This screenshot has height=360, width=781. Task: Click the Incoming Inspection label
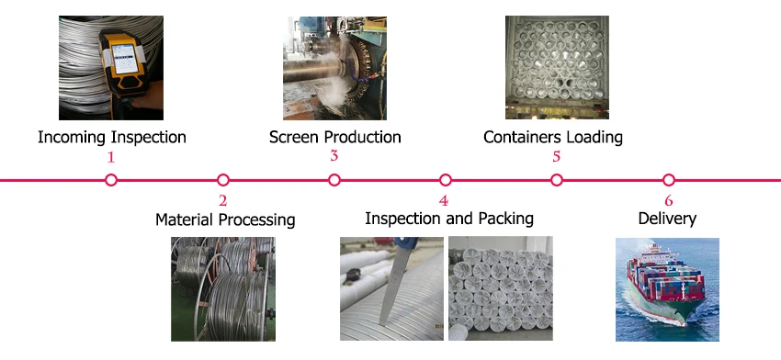click(x=111, y=137)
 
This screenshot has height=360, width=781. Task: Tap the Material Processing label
click(x=225, y=219)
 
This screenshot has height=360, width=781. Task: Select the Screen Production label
click(x=334, y=137)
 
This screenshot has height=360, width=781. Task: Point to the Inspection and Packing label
click(x=448, y=219)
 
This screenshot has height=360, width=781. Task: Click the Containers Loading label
click(x=553, y=137)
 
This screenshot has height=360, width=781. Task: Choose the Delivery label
click(x=667, y=219)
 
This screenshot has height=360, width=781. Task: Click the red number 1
click(x=111, y=157)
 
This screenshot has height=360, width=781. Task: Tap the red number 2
click(x=223, y=200)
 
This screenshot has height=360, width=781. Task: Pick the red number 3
click(x=334, y=156)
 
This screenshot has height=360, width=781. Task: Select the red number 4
click(x=445, y=200)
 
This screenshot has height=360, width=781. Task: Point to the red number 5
click(x=556, y=157)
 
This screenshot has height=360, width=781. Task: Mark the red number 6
click(x=668, y=200)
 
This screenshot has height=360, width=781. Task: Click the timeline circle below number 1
click(x=111, y=180)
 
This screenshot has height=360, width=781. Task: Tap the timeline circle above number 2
click(x=223, y=180)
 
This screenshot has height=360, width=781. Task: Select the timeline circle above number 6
click(x=668, y=180)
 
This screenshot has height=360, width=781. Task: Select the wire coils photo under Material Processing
click(x=223, y=288)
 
